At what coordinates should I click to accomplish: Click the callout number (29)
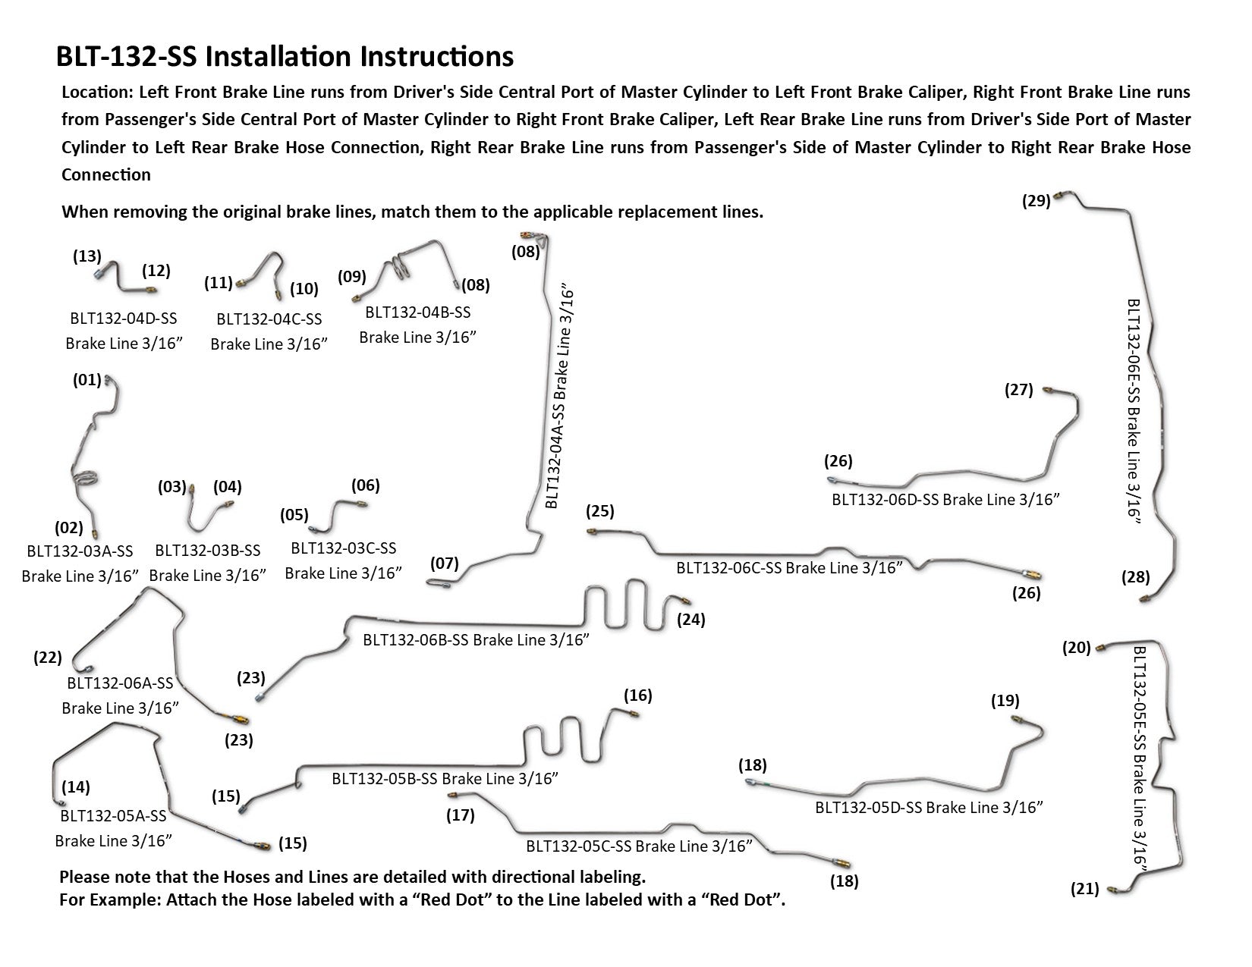[1036, 201]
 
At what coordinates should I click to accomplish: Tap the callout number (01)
[87, 379]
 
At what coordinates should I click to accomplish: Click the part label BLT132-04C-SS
[269, 319]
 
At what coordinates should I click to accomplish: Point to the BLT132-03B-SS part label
[207, 551]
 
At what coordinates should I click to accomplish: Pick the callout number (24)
[691, 620]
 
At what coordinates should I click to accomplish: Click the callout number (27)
[1018, 390]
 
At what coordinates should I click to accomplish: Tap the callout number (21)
[1084, 889]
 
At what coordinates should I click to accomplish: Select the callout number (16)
[637, 695]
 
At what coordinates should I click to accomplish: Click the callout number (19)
[1005, 701]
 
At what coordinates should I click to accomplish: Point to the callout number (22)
[48, 658]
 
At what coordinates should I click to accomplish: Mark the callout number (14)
[76, 786]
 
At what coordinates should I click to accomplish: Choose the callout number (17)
[461, 815]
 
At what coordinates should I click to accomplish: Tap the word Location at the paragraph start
[95, 93]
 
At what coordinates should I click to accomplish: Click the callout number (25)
[600, 511]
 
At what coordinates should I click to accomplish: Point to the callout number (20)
[1077, 648]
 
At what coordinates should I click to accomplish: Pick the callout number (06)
[365, 485]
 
